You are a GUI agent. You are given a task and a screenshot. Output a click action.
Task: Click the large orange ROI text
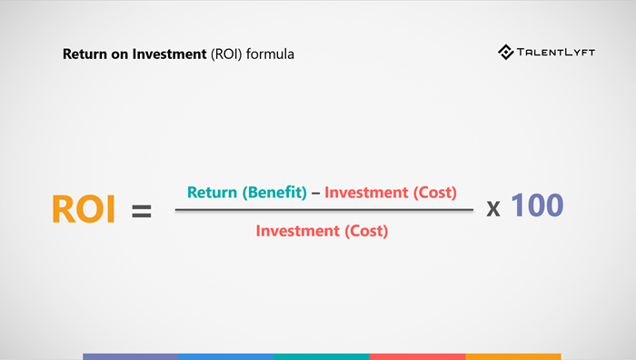(84, 210)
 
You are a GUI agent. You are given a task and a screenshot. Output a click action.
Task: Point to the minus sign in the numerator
(316, 193)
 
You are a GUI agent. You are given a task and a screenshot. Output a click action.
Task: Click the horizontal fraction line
(323, 211)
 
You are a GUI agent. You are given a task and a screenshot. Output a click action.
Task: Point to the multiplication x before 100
(493, 208)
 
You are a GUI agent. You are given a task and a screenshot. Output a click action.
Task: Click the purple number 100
(537, 206)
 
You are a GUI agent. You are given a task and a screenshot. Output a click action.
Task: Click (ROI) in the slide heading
(226, 55)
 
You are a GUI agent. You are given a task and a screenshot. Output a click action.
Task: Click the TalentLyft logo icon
(506, 53)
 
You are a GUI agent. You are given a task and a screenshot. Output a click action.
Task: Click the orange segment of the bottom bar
(512, 356)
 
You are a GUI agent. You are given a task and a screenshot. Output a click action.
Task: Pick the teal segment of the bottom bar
(322, 356)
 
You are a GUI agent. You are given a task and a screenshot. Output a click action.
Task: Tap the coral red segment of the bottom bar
(417, 356)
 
